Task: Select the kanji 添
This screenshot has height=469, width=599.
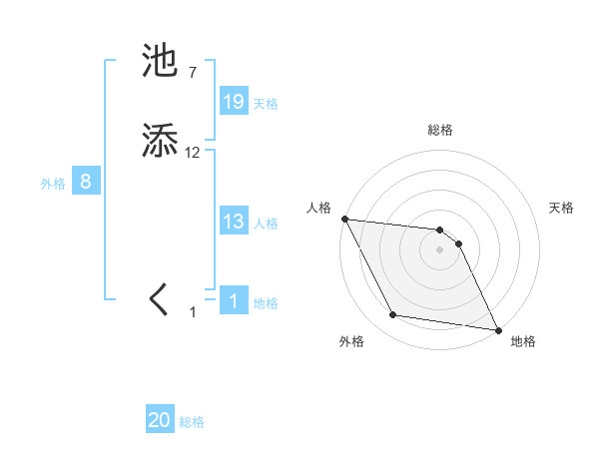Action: point(160,141)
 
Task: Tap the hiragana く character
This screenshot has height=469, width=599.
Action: point(160,298)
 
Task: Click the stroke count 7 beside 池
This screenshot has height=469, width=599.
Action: point(192,73)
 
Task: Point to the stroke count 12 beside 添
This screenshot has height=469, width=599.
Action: point(192,153)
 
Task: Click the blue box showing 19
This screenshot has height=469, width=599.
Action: point(234,102)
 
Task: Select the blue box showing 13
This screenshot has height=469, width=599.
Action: point(234,222)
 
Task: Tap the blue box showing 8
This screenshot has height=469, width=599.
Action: point(86,182)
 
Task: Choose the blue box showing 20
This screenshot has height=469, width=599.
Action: point(160,421)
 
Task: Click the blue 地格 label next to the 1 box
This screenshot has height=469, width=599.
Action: point(266,303)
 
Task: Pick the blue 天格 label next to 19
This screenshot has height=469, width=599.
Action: point(266,104)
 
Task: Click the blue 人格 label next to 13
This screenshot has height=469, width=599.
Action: point(266,224)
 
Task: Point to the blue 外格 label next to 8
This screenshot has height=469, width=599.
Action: point(53,184)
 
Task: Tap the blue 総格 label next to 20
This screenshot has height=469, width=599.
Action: point(192,423)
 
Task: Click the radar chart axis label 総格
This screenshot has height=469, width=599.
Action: point(440,131)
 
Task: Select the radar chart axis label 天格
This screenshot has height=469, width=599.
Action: point(562,208)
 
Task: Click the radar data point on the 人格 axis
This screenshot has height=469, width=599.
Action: point(344,219)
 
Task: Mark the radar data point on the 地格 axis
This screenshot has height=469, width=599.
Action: point(498,329)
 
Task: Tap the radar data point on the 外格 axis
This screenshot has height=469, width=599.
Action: point(393,315)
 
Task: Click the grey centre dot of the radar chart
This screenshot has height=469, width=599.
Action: point(440,249)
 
